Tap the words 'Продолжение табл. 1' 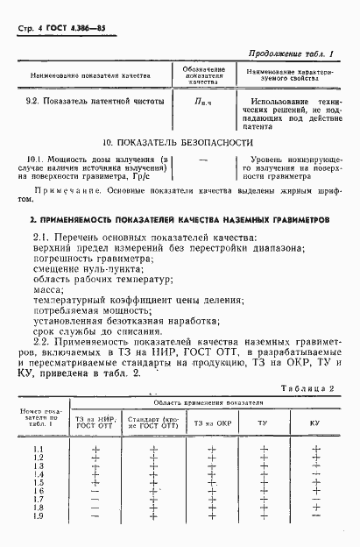click(x=296, y=54)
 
